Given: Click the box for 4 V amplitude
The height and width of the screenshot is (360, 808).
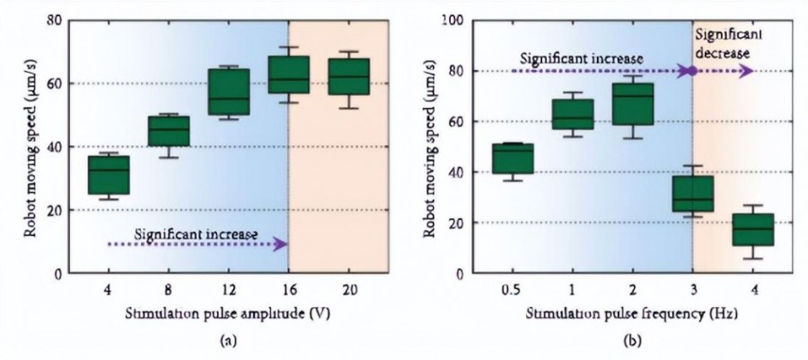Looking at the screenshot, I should [x=108, y=175].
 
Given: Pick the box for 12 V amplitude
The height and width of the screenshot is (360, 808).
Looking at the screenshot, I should [x=228, y=92].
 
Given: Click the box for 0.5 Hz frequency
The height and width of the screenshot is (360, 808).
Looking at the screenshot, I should [x=512, y=159].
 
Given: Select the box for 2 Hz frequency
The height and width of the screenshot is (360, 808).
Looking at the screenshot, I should [x=632, y=104].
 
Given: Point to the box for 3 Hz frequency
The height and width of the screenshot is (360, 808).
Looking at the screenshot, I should [x=692, y=193].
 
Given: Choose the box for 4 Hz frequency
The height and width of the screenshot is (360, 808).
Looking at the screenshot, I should [x=752, y=230].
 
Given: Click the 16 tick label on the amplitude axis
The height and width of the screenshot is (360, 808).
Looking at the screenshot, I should [x=288, y=292].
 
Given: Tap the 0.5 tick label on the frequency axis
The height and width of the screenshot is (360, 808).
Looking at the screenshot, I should [x=512, y=292].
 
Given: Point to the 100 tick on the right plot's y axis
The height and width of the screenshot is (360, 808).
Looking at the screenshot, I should [x=443, y=21].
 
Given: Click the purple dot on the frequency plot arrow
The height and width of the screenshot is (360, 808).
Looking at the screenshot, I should [x=692, y=71].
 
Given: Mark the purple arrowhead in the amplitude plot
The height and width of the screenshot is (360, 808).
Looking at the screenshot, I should [x=281, y=244].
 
